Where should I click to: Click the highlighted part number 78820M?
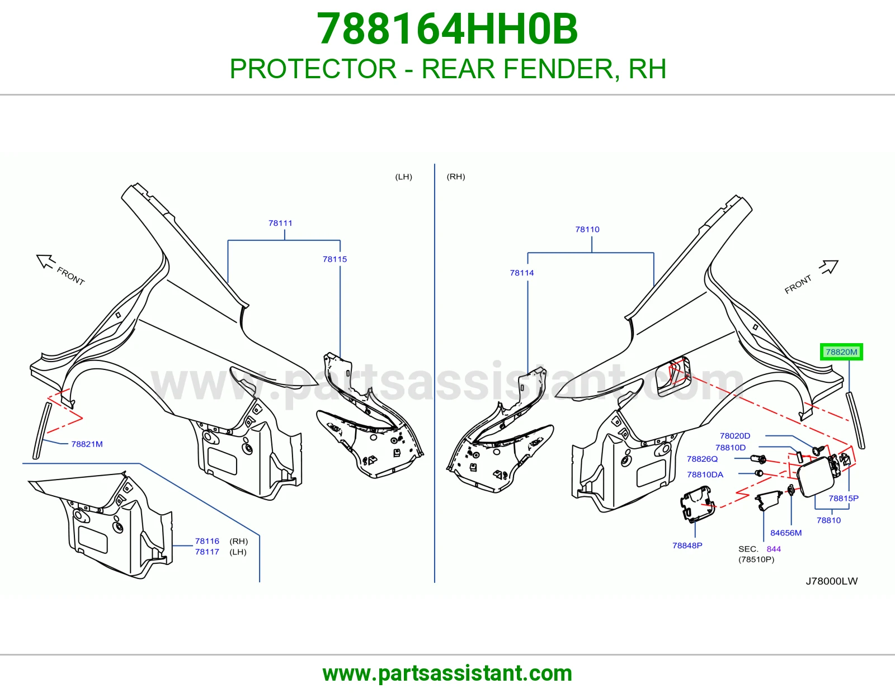[841, 352]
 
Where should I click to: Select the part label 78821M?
[87, 444]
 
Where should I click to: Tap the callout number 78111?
[280, 223]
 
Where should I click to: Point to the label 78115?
[335, 259]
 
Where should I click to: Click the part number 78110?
[587, 229]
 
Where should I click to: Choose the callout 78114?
[522, 273]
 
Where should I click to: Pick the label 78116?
[207, 541]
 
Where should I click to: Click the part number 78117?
[207, 552]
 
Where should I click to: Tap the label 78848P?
[687, 545]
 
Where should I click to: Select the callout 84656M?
[786, 533]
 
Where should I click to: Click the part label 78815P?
[844, 499]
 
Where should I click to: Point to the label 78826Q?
[702, 459]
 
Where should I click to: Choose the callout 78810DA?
[705, 474]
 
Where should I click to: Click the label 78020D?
[735, 436]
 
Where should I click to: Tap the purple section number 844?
[774, 549]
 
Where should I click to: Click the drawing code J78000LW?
[832, 581]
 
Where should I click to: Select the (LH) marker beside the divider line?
[404, 177]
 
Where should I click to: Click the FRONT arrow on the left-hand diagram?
[46, 262]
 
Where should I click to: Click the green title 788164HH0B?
[447, 29]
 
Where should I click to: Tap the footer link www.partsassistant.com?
[447, 673]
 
